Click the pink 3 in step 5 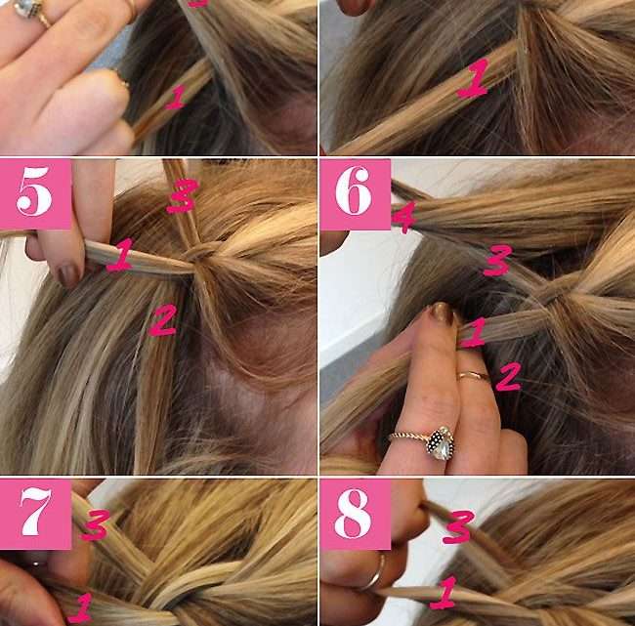(182, 196)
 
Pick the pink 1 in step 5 (120, 255)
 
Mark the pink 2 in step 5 (162, 320)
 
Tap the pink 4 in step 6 (404, 218)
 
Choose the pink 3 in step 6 (497, 261)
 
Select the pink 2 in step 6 (508, 377)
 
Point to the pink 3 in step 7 (95, 524)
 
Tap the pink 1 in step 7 (80, 607)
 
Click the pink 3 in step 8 (458, 526)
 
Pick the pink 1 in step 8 (444, 593)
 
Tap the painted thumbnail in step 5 (68, 274)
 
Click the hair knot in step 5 (199, 255)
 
